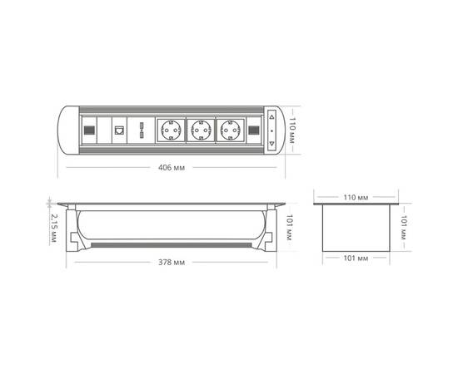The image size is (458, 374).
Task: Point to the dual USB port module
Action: (x=142, y=130)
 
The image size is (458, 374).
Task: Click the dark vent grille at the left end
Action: (x=87, y=130)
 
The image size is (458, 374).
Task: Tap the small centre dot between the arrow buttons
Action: (x=271, y=130)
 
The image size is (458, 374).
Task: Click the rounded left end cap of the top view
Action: (x=67, y=130)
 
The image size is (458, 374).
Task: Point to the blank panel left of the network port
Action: (x=105, y=130)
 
